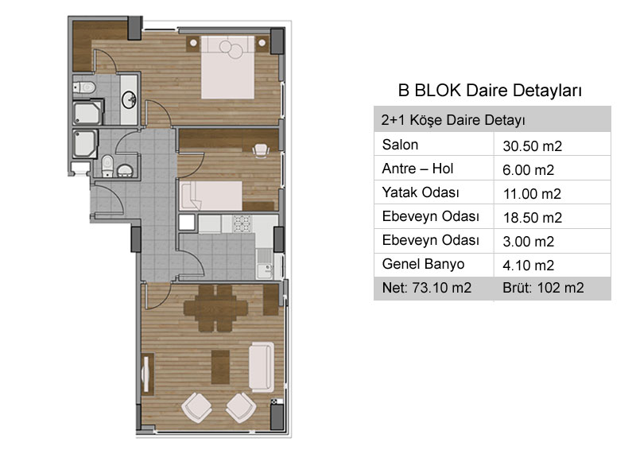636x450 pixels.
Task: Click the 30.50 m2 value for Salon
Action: (532, 146)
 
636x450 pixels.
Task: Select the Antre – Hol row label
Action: (417, 169)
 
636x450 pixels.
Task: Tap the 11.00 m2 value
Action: (532, 194)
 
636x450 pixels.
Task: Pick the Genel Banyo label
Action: (423, 264)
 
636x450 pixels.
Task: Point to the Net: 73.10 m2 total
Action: (427, 288)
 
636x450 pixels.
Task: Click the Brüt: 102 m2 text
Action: (543, 288)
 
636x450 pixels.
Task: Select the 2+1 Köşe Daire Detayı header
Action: (453, 120)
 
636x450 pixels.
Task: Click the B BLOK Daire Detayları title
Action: (490, 90)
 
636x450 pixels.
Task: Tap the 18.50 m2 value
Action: (533, 218)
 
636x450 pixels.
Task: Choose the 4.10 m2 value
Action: (528, 266)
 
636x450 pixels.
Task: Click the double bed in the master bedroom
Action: (228, 68)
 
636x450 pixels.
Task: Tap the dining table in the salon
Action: (215, 308)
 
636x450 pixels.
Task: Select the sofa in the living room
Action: (262, 367)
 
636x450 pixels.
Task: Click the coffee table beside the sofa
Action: (221, 367)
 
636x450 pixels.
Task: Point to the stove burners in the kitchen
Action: (242, 224)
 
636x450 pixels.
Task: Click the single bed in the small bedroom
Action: (211, 196)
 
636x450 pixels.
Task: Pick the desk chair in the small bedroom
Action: (261, 150)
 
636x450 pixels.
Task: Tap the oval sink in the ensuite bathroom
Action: (130, 99)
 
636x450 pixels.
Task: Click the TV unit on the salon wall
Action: (147, 374)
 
